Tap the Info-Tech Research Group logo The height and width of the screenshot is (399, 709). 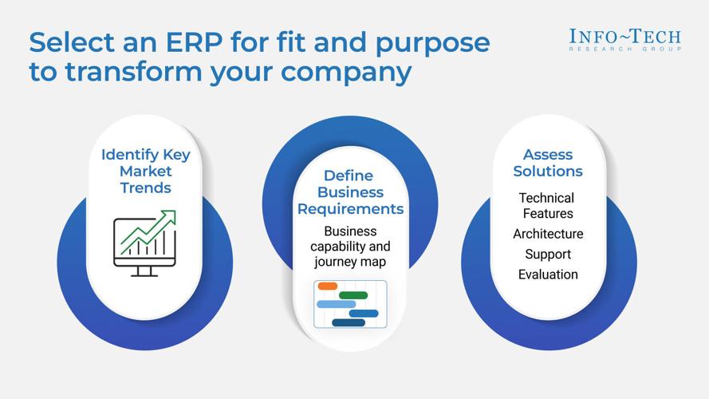click(624, 39)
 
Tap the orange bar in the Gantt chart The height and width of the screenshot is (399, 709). click(327, 286)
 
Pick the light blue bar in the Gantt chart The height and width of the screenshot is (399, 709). click(336, 304)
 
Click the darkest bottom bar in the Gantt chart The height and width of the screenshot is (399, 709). click(349, 322)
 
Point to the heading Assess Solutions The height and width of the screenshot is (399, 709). click(548, 163)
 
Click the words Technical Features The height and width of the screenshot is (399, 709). click(547, 205)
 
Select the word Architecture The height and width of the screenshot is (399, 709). click(548, 234)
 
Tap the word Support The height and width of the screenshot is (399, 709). click(548, 255)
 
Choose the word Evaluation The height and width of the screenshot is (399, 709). click(548, 275)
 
